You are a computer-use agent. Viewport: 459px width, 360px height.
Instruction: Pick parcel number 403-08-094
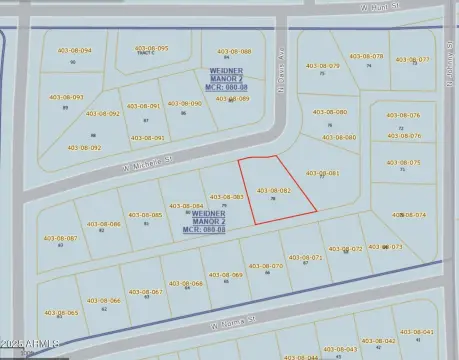pyautogui.click(x=72, y=50)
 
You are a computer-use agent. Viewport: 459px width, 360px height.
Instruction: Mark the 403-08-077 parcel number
pyautogui.click(x=412, y=59)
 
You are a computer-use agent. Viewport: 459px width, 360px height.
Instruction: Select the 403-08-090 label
pyautogui.click(x=183, y=103)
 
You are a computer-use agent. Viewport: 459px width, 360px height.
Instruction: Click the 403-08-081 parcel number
pyautogui.click(x=322, y=173)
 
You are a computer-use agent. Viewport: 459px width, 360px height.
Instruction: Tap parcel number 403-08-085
pyautogui.click(x=146, y=215)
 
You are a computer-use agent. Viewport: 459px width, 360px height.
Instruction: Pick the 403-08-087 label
pyautogui.click(x=60, y=238)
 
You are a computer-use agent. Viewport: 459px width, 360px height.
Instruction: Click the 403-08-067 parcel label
pyautogui.click(x=145, y=292)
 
